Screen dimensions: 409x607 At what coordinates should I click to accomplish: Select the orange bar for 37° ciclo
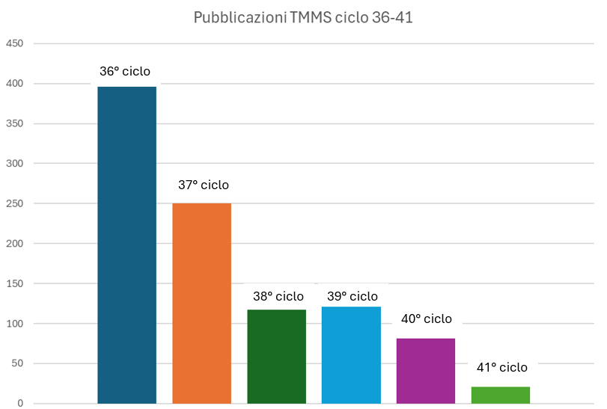(202, 303)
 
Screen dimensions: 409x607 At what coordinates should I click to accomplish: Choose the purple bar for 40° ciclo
(426, 371)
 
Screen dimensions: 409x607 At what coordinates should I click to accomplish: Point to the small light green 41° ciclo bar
(501, 395)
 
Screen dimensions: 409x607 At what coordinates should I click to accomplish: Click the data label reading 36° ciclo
(125, 72)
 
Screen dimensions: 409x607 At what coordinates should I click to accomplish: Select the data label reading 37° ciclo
(204, 185)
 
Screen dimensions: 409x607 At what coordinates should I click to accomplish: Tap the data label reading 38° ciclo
(278, 296)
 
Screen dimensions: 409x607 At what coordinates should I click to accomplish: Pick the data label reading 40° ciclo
(427, 319)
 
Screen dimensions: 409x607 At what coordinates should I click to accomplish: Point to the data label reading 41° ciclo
(502, 367)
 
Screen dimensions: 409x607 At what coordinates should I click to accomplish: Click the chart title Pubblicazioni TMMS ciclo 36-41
(303, 17)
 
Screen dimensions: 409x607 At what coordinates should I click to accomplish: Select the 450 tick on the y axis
(15, 43)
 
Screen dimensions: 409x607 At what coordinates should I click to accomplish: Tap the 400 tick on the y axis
(15, 84)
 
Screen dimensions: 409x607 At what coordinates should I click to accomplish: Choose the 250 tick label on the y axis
(15, 203)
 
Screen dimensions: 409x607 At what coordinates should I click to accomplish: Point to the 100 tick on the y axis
(15, 324)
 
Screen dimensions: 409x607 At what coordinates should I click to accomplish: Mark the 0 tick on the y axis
(21, 404)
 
